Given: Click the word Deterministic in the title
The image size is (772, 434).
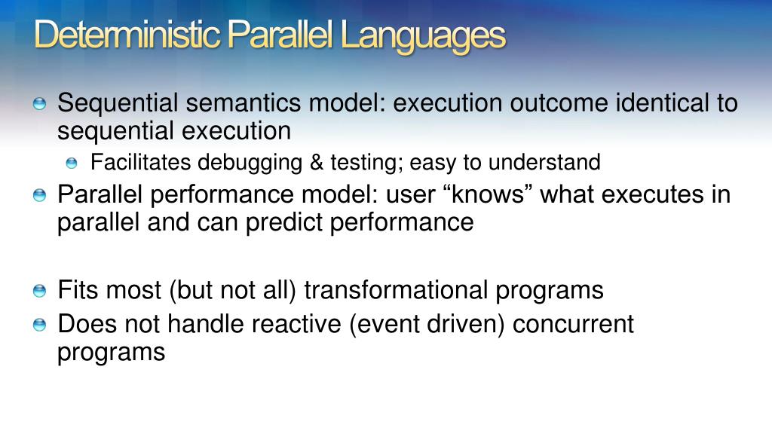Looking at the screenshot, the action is (x=127, y=35).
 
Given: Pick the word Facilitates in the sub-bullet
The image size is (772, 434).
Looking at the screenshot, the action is (x=140, y=162).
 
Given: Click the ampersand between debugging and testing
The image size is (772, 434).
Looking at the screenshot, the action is (x=317, y=163).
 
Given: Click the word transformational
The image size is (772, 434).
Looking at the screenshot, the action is (x=396, y=290).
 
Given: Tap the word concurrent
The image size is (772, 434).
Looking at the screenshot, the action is (x=573, y=324).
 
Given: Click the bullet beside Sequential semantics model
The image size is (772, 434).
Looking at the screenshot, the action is (x=39, y=104).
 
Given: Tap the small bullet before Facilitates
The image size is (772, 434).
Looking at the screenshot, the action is (x=72, y=164).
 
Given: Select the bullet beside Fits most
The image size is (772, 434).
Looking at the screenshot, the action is (x=39, y=291).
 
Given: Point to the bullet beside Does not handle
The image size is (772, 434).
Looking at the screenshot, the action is (x=39, y=325).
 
